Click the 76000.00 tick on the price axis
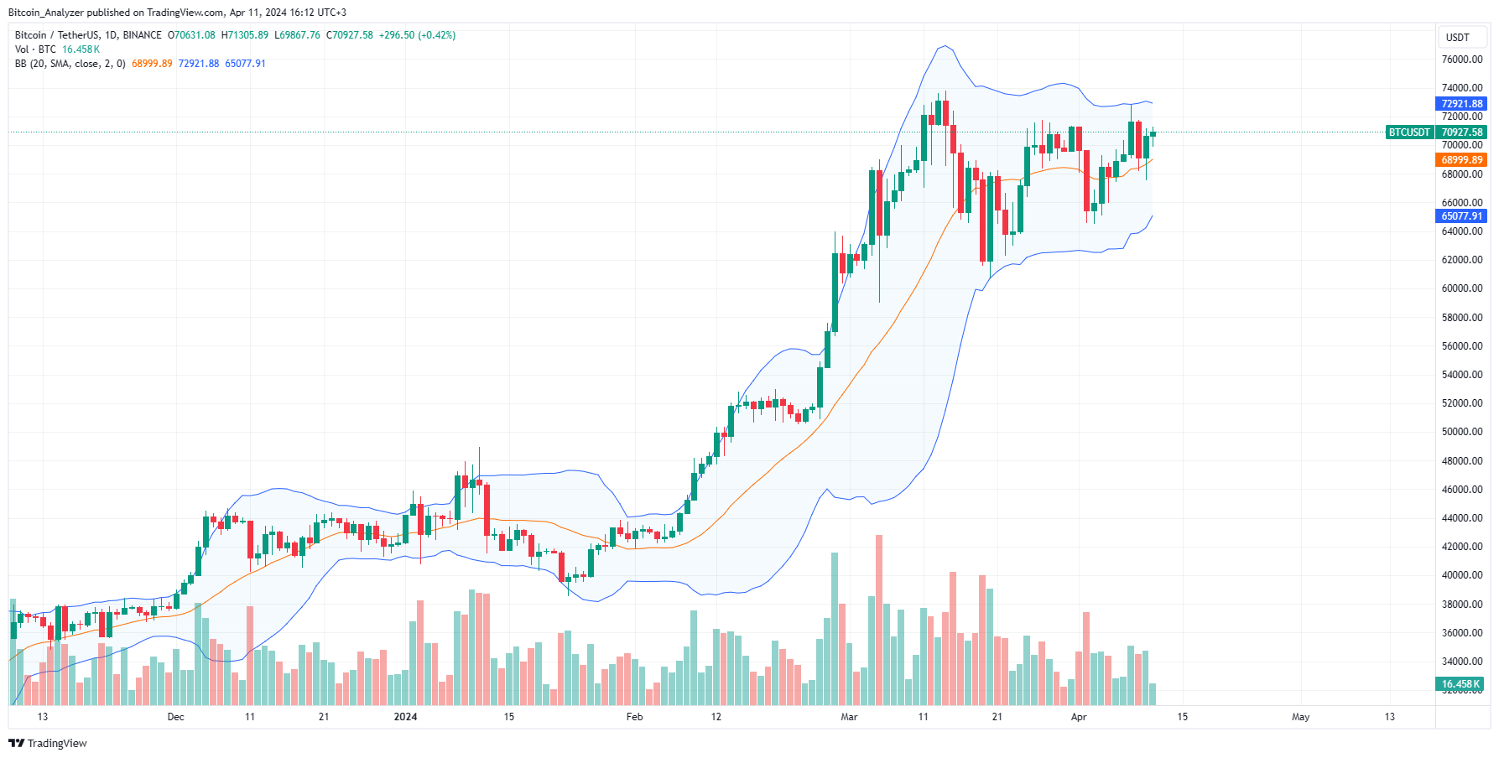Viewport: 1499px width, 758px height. tap(1461, 60)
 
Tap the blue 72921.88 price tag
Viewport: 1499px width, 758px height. tap(1461, 104)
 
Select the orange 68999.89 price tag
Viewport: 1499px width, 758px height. tap(1461, 160)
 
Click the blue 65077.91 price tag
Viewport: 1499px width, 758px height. tap(1461, 216)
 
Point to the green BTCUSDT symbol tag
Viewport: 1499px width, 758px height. tap(1409, 132)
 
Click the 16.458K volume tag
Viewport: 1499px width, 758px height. tap(1460, 684)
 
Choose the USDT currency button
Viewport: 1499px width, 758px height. tap(1458, 37)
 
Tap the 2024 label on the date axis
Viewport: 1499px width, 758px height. tap(406, 717)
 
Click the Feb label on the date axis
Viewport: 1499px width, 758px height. tap(635, 717)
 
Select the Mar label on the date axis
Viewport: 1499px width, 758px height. tap(849, 717)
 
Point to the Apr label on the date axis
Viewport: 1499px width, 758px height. tap(1079, 717)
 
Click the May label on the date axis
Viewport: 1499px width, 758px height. tap(1300, 717)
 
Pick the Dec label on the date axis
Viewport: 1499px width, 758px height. tap(175, 717)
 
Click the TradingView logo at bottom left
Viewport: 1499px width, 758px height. tap(48, 744)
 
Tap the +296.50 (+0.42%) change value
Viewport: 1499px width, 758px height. tap(417, 35)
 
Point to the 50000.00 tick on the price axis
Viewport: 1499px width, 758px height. tap(1461, 432)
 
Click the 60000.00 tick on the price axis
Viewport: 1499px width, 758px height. tap(1461, 288)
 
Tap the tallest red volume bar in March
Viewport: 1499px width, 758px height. tap(879, 620)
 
